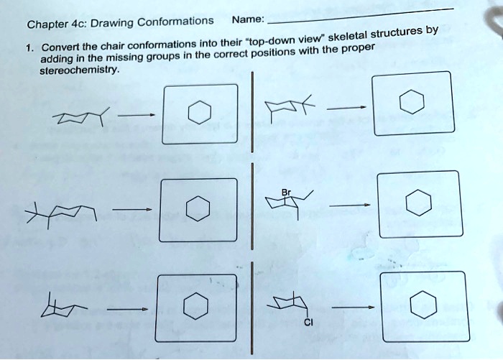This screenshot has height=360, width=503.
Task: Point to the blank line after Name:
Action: coord(359,14)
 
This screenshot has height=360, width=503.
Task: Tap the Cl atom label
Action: coord(308,322)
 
